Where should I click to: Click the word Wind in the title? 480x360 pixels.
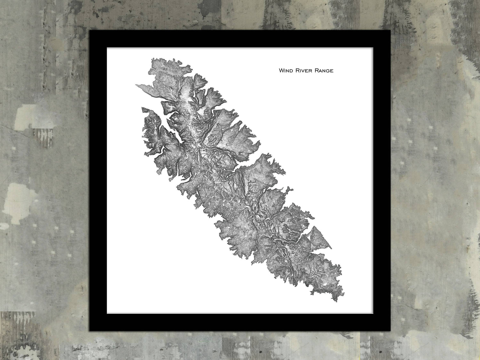coord(286,70)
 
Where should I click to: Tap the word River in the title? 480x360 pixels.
coord(303,70)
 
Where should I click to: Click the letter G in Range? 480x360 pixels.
coord(327,70)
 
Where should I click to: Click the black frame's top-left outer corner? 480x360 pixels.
coord(89,30)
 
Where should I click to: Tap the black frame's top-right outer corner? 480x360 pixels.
coord(391,30)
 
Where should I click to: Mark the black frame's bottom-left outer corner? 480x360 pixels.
coord(89,331)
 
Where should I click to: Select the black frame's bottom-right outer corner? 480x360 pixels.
coord(391,331)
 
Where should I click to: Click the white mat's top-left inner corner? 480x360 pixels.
coord(107,48)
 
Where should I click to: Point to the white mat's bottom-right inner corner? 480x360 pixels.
coord(373,313)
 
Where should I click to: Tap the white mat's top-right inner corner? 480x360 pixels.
coord(373,48)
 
